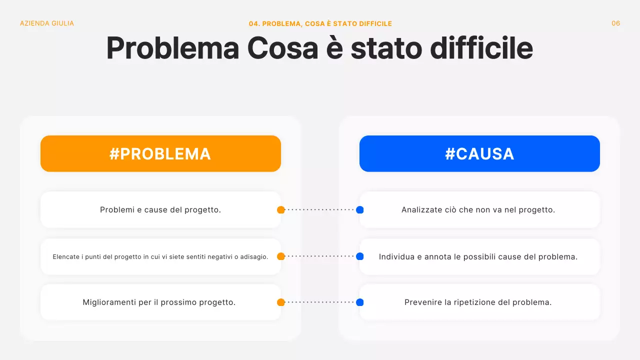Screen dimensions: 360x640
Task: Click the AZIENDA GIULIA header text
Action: [46, 23]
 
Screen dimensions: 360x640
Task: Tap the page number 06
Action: [615, 23]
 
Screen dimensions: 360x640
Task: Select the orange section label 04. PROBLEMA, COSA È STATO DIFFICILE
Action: [320, 24]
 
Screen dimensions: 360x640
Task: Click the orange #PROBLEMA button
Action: [160, 153]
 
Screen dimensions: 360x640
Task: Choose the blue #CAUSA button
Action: [479, 153]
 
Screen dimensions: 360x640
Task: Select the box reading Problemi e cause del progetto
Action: [160, 210]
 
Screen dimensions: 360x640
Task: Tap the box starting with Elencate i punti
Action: [160, 256]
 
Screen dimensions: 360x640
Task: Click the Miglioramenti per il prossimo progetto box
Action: [160, 302]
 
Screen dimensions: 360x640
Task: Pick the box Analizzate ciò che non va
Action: [479, 210]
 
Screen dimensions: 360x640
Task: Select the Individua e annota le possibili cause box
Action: [479, 256]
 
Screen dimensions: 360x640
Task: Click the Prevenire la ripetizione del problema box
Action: [479, 302]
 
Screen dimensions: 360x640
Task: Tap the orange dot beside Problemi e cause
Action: [281, 210]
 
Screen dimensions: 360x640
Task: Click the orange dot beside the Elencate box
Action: [281, 256]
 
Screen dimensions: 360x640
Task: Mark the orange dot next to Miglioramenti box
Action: [281, 302]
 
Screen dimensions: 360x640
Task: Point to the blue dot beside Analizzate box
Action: [359, 210]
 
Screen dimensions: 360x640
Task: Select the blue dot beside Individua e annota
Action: [359, 256]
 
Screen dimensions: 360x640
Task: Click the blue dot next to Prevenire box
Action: [359, 302]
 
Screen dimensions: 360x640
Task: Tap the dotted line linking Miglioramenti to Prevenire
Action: [320, 302]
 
